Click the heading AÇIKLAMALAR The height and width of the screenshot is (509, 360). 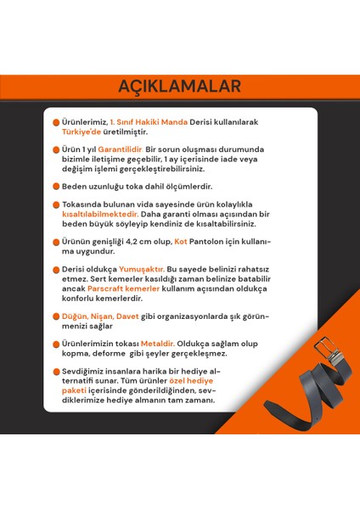click(179, 86)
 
